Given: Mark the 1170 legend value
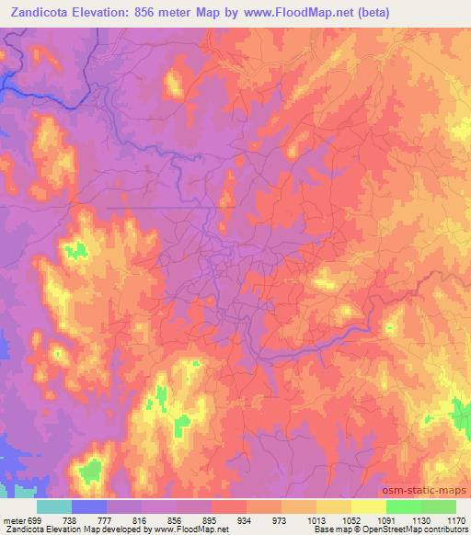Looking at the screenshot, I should [456, 519].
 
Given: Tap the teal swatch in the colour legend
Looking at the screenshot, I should [53, 506].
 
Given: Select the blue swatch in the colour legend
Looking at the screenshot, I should [89, 506].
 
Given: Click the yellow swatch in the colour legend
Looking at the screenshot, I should [368, 506].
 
